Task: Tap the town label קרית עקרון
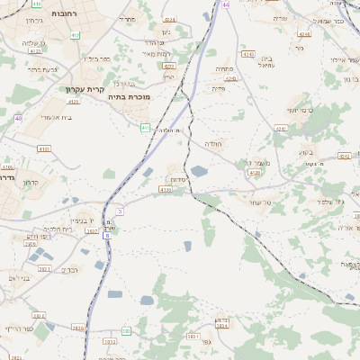point(85,89)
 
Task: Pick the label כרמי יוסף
point(299,110)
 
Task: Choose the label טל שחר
point(259,202)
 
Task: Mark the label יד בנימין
point(85,220)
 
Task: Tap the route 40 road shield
point(18,118)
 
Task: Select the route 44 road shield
point(226,4)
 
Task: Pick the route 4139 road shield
point(165,190)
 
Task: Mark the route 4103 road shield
point(44,148)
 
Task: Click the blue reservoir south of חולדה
point(200,170)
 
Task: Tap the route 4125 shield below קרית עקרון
point(74,102)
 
